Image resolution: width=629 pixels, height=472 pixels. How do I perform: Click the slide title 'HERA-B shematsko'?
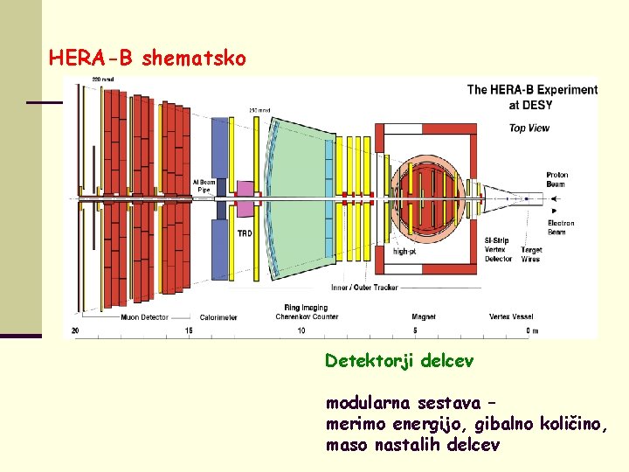(x=148, y=59)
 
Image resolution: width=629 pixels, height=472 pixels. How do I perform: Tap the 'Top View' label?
(x=529, y=128)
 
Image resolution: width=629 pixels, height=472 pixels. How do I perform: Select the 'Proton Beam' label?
(x=557, y=179)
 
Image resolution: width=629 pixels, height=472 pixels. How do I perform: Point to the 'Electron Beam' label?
(x=561, y=227)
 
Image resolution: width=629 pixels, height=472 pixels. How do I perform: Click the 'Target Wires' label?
(x=530, y=254)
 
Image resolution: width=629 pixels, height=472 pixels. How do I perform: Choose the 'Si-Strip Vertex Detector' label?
(x=498, y=249)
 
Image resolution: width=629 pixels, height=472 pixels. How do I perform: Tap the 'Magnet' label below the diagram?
(x=424, y=316)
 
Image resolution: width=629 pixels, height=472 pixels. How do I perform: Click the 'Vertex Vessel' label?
(x=512, y=316)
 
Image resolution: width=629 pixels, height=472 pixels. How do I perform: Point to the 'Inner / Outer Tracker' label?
(x=363, y=287)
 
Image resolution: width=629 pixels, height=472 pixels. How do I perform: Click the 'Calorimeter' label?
(x=219, y=316)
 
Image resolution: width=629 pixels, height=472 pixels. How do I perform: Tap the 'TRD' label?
(x=245, y=233)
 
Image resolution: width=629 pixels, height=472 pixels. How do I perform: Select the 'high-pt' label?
(x=404, y=251)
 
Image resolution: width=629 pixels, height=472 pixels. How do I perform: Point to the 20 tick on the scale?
(x=75, y=330)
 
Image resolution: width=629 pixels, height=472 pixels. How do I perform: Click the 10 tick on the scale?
(x=301, y=330)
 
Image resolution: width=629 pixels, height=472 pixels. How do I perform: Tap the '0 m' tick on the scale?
(x=531, y=330)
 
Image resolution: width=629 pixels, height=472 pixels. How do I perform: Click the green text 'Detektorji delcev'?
(x=399, y=361)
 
